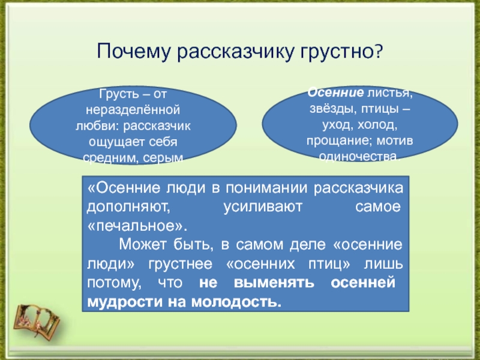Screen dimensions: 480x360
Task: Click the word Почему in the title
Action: click(x=133, y=52)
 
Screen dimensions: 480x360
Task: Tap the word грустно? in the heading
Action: click(x=341, y=52)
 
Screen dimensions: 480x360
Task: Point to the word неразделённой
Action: click(x=133, y=110)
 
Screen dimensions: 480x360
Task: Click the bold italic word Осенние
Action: click(x=335, y=92)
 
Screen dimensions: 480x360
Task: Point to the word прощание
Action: click(x=339, y=141)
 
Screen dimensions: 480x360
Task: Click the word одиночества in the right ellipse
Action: click(x=359, y=157)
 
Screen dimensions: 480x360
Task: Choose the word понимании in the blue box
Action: click(x=266, y=188)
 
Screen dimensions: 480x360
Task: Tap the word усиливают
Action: click(x=263, y=207)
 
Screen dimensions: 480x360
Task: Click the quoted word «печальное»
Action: click(x=137, y=226)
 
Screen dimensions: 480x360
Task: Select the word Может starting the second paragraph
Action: click(x=142, y=245)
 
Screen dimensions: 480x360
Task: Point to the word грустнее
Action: click(x=181, y=264)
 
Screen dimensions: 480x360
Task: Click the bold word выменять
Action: click(x=274, y=283)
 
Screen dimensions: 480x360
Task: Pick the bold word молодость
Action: click(x=236, y=302)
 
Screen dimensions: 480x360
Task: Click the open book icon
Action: click(x=37, y=321)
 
